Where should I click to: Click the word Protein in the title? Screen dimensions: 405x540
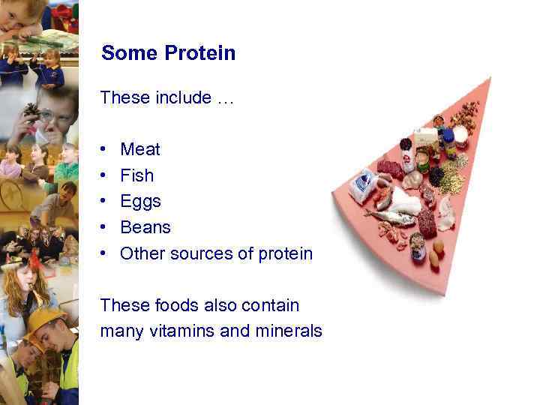(x=200, y=53)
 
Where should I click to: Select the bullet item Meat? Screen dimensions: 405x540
(x=140, y=149)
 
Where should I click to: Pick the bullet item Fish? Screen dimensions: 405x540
(x=136, y=175)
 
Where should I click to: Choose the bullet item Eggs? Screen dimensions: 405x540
(x=140, y=202)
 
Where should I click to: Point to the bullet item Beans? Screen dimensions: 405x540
(x=145, y=227)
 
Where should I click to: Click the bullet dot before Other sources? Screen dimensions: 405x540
(x=103, y=253)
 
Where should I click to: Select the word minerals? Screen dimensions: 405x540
(x=289, y=331)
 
